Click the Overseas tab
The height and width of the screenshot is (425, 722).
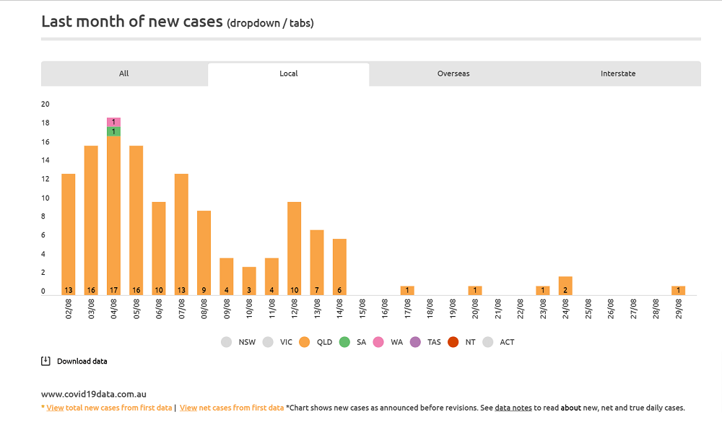point(453,74)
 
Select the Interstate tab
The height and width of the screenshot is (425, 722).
point(618,74)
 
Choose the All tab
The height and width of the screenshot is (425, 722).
point(124,74)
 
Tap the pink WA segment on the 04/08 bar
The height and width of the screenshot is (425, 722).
point(114,122)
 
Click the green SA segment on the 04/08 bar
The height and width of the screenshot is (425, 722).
point(114,131)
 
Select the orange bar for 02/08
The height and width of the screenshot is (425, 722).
point(69,231)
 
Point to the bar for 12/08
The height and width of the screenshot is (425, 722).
point(295,245)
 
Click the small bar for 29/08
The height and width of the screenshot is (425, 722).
point(678,290)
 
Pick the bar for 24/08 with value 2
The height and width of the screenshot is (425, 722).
point(565,286)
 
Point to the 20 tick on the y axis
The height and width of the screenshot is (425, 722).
point(45,104)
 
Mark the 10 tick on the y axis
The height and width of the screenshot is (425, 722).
point(45,198)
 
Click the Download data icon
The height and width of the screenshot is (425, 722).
point(45,361)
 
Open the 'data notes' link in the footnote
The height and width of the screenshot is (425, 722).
point(513,408)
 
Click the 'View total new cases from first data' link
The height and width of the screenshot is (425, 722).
point(109,408)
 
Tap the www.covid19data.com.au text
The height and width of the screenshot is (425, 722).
point(94,395)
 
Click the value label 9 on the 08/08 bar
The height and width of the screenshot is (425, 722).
point(204,291)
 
